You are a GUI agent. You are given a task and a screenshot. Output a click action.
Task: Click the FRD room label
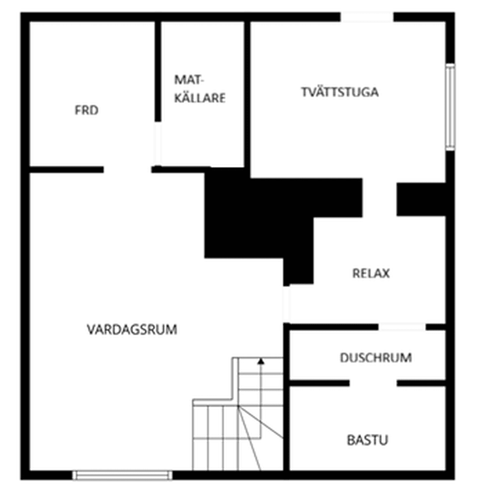(x=86, y=110)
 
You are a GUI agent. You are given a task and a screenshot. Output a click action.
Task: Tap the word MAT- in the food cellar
(x=189, y=79)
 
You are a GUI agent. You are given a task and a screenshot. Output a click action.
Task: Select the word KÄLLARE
(x=200, y=98)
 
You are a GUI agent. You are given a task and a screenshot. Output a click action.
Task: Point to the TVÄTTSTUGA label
(x=340, y=92)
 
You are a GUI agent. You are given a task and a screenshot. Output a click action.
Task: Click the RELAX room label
(x=371, y=274)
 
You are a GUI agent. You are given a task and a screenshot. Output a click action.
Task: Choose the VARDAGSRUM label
(x=132, y=330)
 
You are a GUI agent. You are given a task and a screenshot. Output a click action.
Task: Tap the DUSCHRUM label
(x=376, y=358)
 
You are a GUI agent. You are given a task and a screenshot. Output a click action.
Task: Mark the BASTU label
(x=368, y=440)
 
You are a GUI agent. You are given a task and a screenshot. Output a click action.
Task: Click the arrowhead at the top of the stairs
(x=261, y=361)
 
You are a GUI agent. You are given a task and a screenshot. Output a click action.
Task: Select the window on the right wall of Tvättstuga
(x=450, y=107)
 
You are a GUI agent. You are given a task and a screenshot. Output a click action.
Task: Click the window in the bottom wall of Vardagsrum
(x=122, y=475)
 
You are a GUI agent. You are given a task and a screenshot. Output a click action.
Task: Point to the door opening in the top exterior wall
(x=367, y=17)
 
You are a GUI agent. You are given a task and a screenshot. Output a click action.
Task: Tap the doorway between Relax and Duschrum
(x=402, y=327)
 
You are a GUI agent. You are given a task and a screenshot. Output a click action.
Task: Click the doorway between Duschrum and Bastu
(x=373, y=383)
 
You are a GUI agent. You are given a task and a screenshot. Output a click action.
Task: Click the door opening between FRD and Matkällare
(x=157, y=144)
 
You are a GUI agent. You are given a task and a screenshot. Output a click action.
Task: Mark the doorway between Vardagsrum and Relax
(x=286, y=304)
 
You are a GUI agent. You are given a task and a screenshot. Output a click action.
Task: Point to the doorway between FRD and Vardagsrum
(x=127, y=170)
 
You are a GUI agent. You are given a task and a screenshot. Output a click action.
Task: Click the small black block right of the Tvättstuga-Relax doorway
(x=421, y=200)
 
